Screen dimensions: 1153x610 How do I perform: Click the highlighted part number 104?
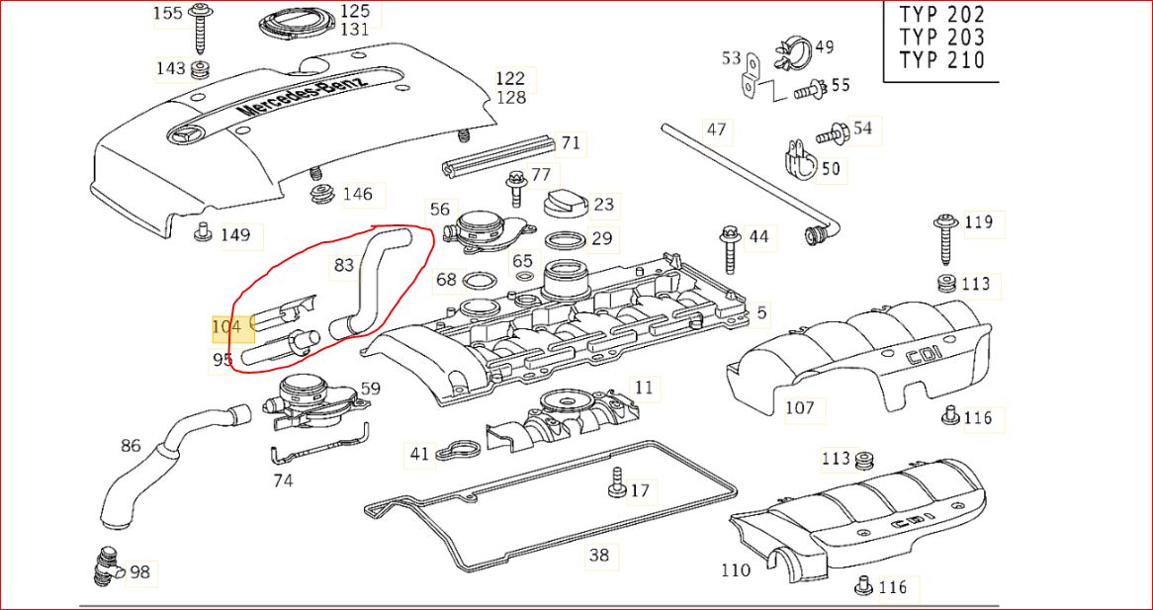(x=226, y=327)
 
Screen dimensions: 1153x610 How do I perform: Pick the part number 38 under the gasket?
(x=599, y=555)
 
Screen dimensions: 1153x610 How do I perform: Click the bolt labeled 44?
(x=729, y=245)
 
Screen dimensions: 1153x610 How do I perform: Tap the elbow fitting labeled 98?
(x=108, y=567)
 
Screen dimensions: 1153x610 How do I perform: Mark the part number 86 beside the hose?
(x=131, y=445)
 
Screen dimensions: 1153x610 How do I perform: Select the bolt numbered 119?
(x=944, y=238)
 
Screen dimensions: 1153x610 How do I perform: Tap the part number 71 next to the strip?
(x=571, y=142)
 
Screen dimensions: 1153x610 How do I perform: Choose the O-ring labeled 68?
(x=476, y=280)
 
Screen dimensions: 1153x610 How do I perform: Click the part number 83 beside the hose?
(x=344, y=265)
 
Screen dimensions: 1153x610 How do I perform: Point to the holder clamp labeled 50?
(x=799, y=162)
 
